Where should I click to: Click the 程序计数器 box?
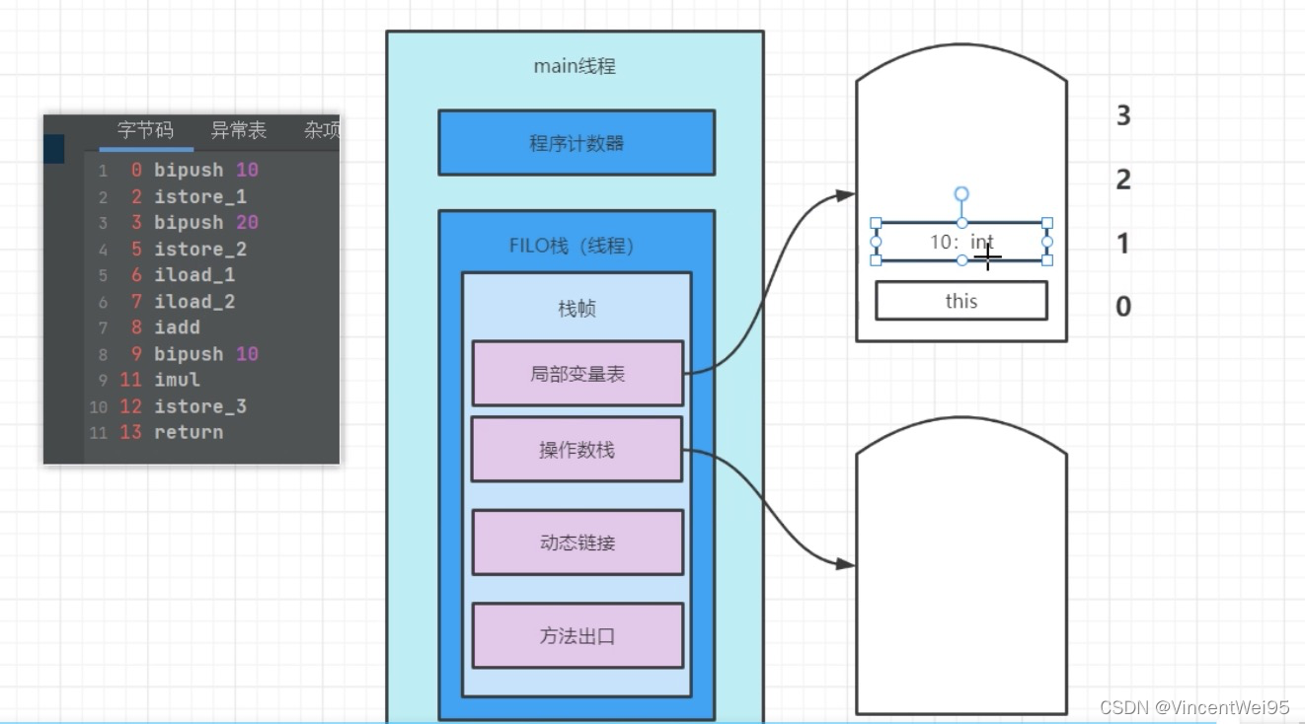(x=576, y=143)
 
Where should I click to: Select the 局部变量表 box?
(x=577, y=374)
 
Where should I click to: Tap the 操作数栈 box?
(x=576, y=450)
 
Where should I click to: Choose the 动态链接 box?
(x=577, y=543)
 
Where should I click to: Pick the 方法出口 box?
(x=577, y=636)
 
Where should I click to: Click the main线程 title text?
(x=575, y=66)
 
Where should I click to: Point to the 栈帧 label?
(x=576, y=309)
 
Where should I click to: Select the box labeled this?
(x=960, y=301)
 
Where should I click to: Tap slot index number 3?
(x=1123, y=116)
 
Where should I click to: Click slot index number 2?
(x=1123, y=180)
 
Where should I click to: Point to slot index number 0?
(x=1123, y=307)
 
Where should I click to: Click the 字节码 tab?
(x=145, y=130)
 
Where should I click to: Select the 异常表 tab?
(x=238, y=130)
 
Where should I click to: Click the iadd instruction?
(x=177, y=327)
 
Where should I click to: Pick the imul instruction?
(x=177, y=380)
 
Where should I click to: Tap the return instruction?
(x=188, y=432)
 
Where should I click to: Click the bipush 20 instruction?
(x=205, y=223)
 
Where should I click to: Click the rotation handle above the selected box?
(x=961, y=194)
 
